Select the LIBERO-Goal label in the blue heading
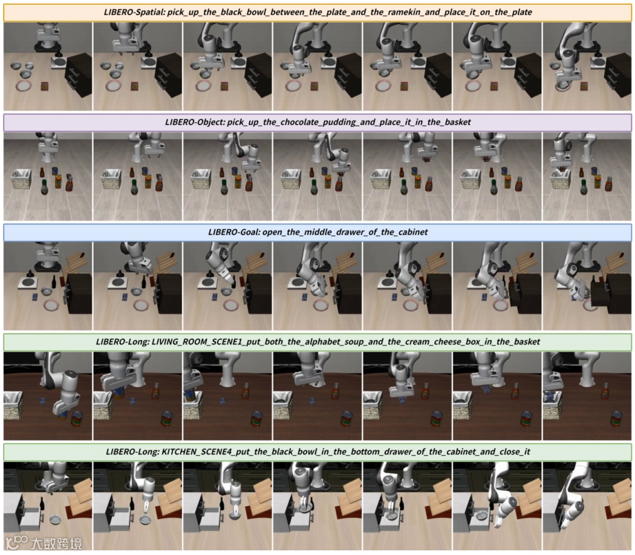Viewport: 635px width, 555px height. (x=233, y=232)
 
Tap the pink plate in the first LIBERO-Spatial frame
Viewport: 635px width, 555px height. (x=25, y=86)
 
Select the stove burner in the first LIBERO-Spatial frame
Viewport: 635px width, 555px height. (x=59, y=62)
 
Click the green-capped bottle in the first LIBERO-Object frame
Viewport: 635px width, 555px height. (x=45, y=187)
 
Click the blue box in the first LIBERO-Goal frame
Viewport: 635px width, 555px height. (x=35, y=297)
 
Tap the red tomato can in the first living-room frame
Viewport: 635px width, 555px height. (x=77, y=419)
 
